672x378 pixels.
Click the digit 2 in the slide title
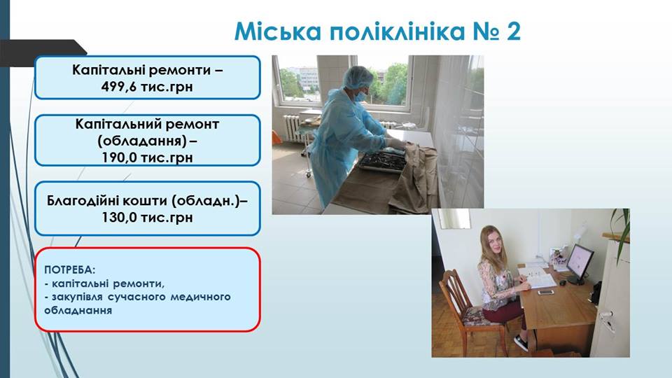click(513, 31)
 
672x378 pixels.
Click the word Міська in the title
click(277, 31)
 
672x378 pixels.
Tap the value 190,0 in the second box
click(118, 157)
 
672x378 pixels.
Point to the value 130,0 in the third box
click(118, 217)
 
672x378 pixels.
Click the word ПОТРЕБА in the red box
click(69, 270)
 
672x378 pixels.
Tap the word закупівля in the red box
click(77, 297)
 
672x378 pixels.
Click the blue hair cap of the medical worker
click(358, 77)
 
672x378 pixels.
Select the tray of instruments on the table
click(383, 161)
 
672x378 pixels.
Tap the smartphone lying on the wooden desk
click(545, 293)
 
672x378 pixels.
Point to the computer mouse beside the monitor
click(563, 282)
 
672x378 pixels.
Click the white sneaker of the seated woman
click(520, 342)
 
